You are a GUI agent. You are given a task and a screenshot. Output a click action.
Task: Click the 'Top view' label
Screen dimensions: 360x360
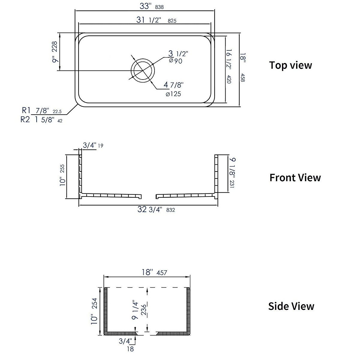point(290,65)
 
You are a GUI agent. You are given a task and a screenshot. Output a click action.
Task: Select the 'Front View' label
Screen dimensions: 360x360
point(295,178)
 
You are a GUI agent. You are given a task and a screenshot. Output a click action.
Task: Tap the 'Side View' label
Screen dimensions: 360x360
point(291,306)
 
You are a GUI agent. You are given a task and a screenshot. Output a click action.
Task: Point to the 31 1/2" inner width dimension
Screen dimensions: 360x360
point(156,20)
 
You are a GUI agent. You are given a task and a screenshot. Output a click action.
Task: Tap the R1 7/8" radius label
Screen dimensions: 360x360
point(41,111)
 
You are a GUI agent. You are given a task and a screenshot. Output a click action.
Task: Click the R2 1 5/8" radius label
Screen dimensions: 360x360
point(41,120)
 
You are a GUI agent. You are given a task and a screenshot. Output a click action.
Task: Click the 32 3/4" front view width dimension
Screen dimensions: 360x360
point(156,209)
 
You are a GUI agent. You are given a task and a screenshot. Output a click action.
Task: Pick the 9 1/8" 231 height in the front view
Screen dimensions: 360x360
point(232,172)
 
